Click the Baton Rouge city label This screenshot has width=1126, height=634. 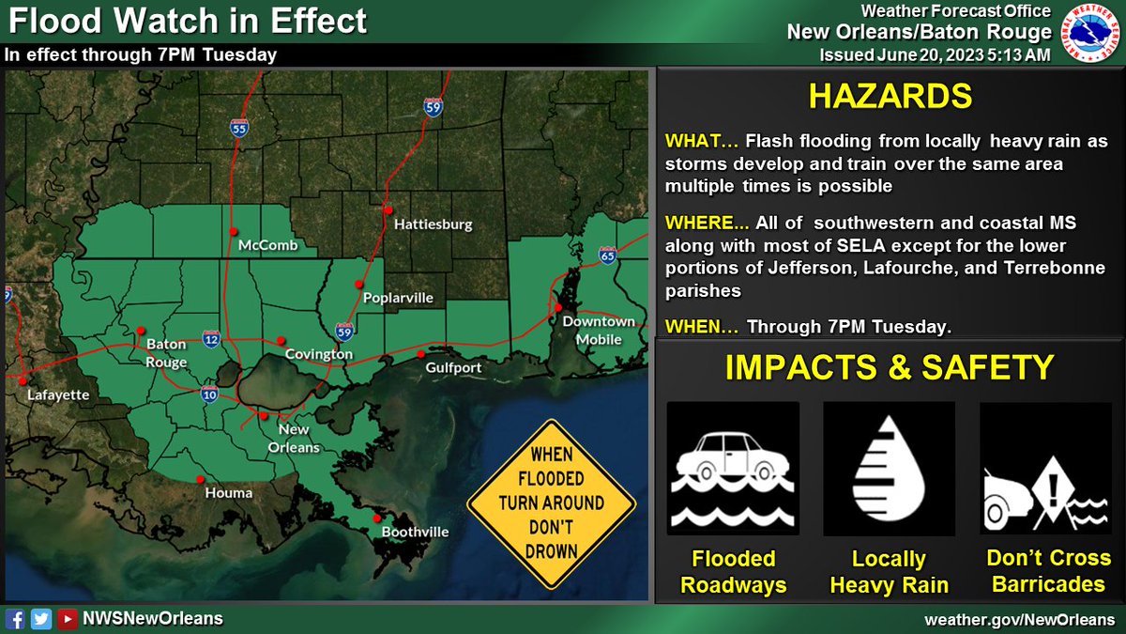(166, 353)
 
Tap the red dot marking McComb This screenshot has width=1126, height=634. (233, 231)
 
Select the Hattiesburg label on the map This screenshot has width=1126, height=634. (433, 225)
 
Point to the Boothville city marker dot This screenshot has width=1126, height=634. (377, 518)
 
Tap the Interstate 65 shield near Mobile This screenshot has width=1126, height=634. (607, 255)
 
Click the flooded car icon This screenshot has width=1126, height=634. (733, 469)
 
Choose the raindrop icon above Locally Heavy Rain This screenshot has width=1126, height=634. (889, 469)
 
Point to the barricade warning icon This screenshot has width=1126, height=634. (1045, 469)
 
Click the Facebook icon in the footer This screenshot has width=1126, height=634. (16, 618)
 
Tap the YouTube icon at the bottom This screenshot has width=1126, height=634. (67, 618)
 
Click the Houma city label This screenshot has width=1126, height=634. (230, 492)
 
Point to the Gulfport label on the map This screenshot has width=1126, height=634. (453, 367)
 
